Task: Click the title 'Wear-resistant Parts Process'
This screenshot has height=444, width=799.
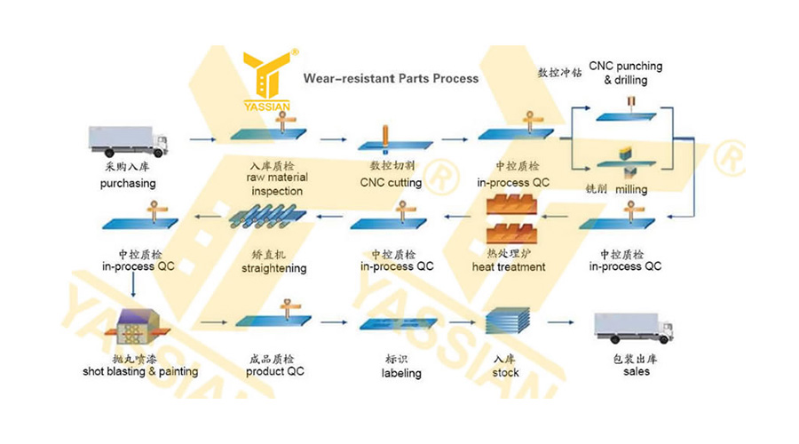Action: coord(391,78)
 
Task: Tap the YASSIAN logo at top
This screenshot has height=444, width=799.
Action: coord(264,78)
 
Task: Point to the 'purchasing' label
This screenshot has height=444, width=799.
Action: coord(127,184)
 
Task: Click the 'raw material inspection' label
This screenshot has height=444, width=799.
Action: coord(276,185)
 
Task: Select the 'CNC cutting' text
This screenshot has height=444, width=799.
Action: coord(391,183)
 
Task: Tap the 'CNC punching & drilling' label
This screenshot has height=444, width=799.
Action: coord(625,73)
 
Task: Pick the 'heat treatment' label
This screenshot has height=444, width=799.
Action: coord(509,266)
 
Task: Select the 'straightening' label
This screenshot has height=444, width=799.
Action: coord(273,268)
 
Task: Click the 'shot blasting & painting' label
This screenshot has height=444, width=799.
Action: coord(140,371)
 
